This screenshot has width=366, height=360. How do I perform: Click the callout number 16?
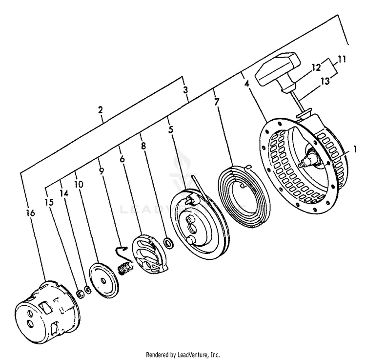[30, 212]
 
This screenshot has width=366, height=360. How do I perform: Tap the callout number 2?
[100, 110]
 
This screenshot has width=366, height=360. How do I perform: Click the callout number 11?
[342, 60]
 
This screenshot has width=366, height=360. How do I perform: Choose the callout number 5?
[170, 130]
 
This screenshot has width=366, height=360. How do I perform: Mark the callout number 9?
[101, 171]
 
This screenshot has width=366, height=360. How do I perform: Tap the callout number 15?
[48, 201]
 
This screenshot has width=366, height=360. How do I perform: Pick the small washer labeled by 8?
[168, 242]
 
